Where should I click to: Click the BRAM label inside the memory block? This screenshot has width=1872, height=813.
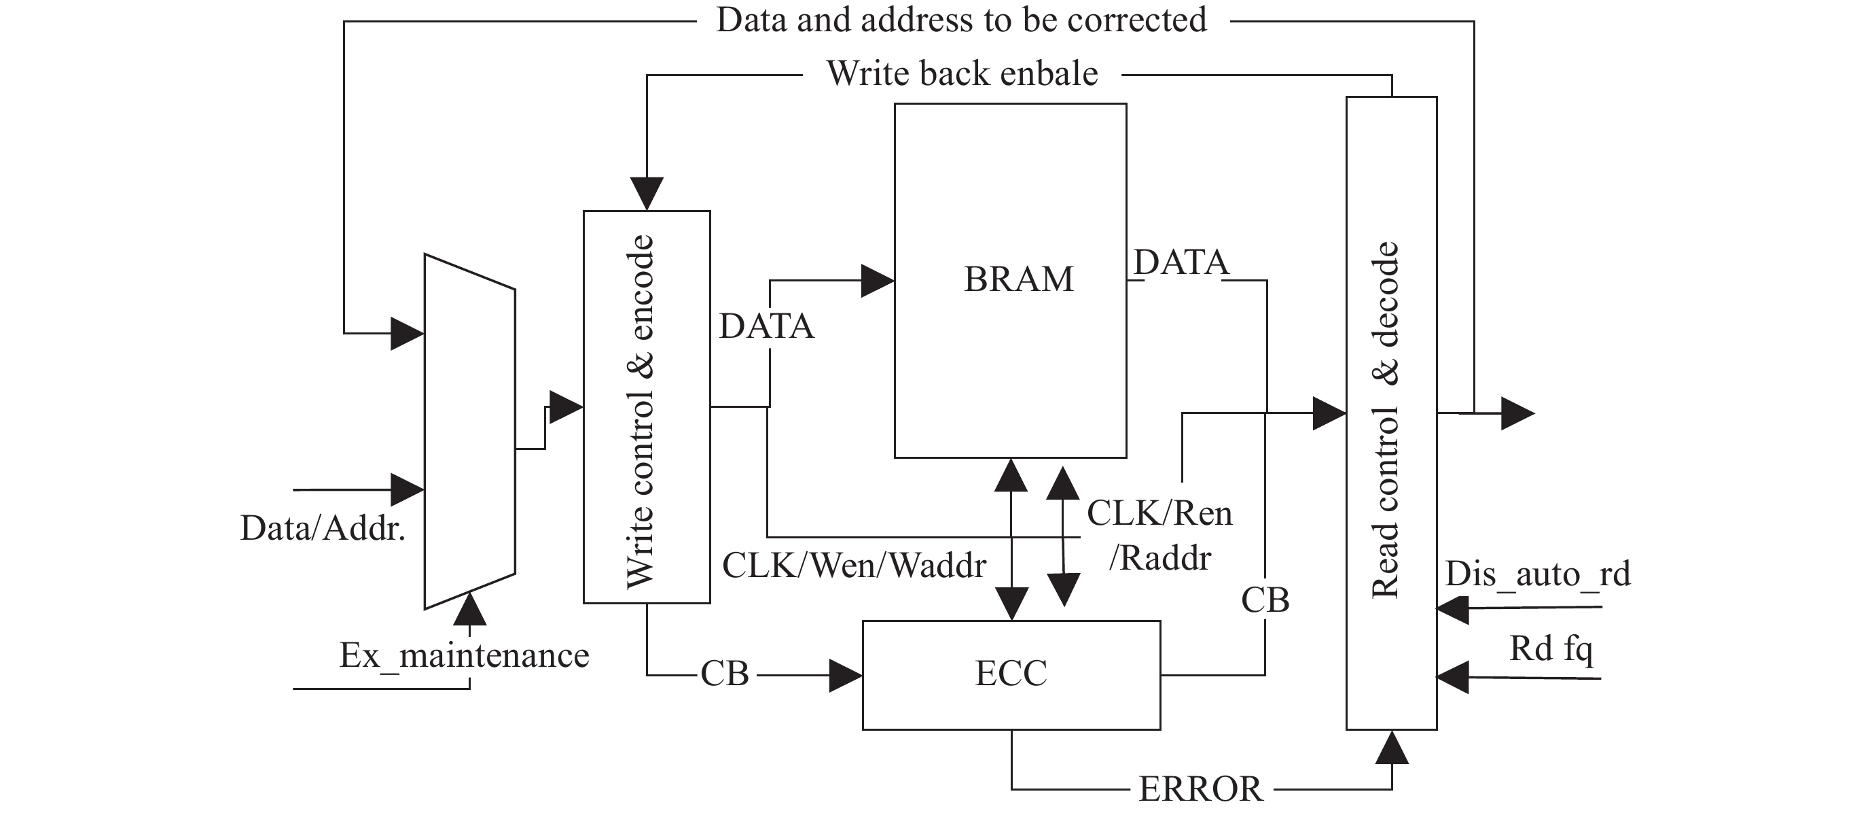coord(1018,279)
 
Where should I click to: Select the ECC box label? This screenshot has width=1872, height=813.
coord(1011,674)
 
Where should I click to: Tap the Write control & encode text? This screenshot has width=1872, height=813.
coord(641,411)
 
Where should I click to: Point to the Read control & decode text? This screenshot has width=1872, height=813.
coord(1386,420)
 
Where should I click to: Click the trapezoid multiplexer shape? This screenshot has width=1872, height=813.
coord(470,432)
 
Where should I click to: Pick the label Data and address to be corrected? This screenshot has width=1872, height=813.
coord(961,20)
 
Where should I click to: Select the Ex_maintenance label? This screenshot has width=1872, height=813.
coord(465,656)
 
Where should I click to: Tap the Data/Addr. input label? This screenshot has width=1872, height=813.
coord(323,529)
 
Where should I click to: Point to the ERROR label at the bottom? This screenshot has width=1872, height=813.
coord(1200,789)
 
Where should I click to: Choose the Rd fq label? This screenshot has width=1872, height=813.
coord(1551,648)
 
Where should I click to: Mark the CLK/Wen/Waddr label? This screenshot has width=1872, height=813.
coord(854,566)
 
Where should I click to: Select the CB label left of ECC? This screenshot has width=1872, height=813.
coord(725,674)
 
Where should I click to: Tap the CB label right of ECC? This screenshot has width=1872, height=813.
coord(1265,601)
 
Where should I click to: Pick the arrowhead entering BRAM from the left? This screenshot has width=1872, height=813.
coord(877,281)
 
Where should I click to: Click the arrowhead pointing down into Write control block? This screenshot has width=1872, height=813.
coord(647,194)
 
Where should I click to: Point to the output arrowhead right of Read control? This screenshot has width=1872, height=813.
coord(1517,414)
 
